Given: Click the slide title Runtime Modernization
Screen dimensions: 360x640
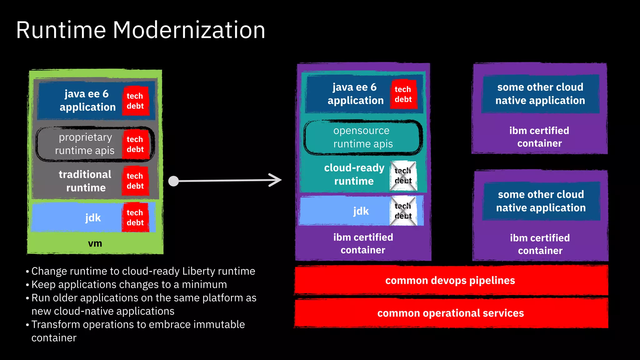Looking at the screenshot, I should point(141,30).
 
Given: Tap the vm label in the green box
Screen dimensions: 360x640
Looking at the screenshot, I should point(95,243).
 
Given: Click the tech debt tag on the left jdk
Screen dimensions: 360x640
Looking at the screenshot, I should point(135,217).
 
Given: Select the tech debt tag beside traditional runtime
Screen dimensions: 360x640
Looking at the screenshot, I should point(135,181).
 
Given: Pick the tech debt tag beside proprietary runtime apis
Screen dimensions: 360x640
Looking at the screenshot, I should point(135,144).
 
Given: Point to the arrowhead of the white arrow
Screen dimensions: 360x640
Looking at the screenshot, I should point(277,180).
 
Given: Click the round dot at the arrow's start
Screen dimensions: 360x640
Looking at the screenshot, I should point(173,181).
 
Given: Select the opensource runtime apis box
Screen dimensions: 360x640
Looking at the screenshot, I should point(362,137).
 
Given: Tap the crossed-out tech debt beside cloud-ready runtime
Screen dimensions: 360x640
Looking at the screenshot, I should point(403,176).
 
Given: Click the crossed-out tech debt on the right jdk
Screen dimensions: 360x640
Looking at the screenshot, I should point(403,211).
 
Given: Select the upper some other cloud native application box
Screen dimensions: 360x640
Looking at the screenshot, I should point(540,94).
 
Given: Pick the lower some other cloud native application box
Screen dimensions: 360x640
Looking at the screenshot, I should point(541,201).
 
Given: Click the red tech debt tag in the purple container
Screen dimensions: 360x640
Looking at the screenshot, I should point(403,94).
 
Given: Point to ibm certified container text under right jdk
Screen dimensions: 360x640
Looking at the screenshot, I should point(363,243).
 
